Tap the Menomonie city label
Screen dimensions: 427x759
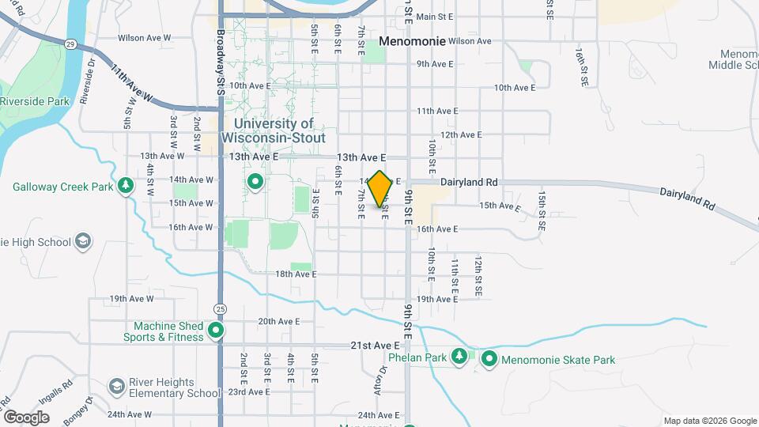(x=412, y=40)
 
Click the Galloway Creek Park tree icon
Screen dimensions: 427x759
(x=125, y=185)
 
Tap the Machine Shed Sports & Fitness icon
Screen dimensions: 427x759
(x=216, y=331)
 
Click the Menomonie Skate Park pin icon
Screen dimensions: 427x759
(x=489, y=360)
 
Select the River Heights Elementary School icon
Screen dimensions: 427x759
(x=117, y=386)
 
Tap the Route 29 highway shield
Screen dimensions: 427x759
(x=70, y=45)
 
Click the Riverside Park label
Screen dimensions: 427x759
(x=35, y=101)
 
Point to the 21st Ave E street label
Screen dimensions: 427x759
(x=375, y=346)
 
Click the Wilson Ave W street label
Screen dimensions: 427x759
(x=145, y=37)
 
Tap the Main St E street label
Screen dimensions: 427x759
(x=434, y=16)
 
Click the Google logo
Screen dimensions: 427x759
(x=26, y=417)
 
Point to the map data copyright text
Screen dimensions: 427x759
(x=709, y=421)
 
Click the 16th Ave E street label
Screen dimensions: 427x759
(x=437, y=229)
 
